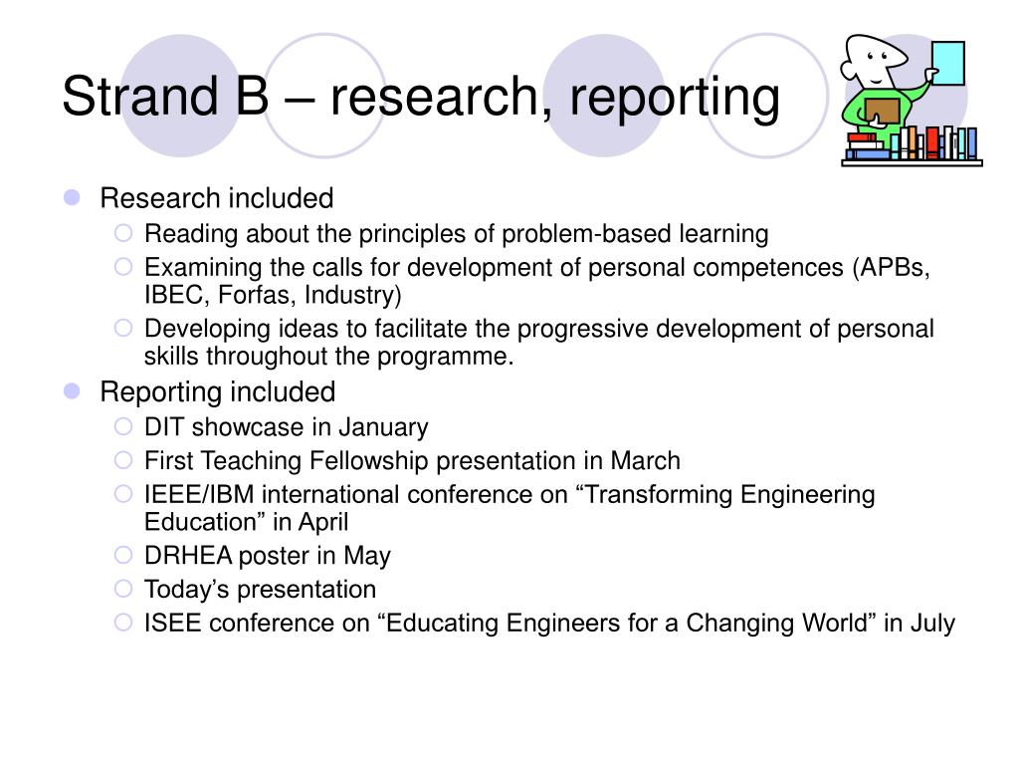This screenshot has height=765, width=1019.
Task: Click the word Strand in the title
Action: click(x=139, y=96)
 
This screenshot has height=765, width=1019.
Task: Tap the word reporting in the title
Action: click(x=675, y=99)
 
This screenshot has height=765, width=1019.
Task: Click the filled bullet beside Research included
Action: click(x=72, y=197)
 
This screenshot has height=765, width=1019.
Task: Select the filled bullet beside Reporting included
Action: click(x=72, y=390)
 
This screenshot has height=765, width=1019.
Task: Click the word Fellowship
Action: click(x=368, y=460)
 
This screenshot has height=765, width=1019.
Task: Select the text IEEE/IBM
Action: click(x=199, y=494)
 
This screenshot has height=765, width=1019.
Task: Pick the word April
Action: click(x=323, y=522)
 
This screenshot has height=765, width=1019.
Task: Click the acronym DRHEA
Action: click(x=188, y=556)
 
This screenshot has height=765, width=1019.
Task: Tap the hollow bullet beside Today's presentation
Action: click(x=123, y=589)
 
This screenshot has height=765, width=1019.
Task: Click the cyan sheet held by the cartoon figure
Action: click(x=948, y=63)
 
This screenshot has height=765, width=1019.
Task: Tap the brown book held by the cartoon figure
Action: click(x=883, y=111)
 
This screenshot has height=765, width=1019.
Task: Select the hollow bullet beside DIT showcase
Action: click(x=123, y=426)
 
